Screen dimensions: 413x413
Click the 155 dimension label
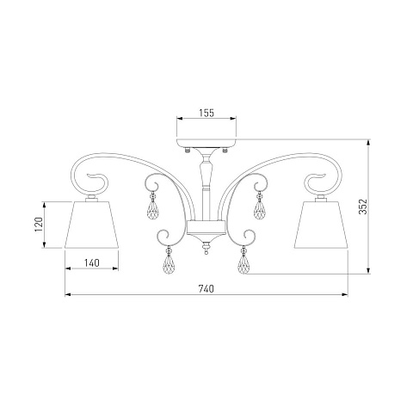(x=206, y=114)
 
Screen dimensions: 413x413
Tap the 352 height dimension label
(x=363, y=206)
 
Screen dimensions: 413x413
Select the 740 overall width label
(x=206, y=289)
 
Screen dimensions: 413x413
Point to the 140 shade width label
(x=92, y=262)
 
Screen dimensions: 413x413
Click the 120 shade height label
(x=39, y=225)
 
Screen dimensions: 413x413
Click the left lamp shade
(x=92, y=225)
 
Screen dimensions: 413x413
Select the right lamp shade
(x=321, y=225)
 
